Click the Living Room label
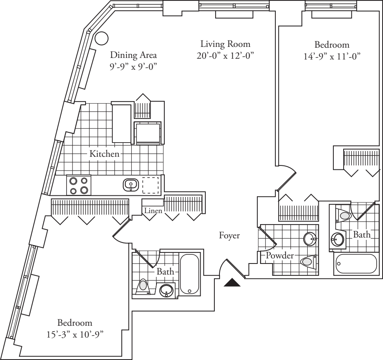[x=225, y=44]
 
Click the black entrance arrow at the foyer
[x=232, y=283]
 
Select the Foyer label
[x=229, y=236]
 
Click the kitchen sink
[x=130, y=184]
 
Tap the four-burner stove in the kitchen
[x=79, y=185]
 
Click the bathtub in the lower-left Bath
[x=190, y=273]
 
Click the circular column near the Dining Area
[x=102, y=38]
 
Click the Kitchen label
[x=104, y=154]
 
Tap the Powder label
[x=280, y=256]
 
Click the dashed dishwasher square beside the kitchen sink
[x=150, y=184]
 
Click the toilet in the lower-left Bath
[x=143, y=287]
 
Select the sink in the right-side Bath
[x=337, y=239]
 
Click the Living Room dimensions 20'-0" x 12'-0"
[x=225, y=56]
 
